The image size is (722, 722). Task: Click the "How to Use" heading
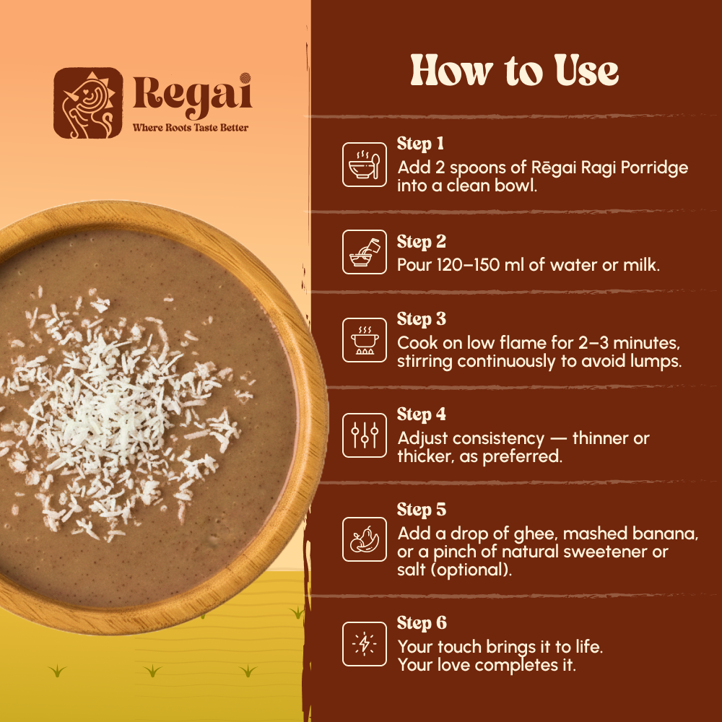(514, 71)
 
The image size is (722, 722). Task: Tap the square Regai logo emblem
(88, 103)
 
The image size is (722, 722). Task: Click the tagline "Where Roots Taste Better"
(190, 128)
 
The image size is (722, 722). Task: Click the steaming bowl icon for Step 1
(363, 164)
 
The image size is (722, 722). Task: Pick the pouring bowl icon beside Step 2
(363, 251)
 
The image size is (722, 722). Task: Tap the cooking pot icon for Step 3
(363, 339)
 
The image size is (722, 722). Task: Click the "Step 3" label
(420, 319)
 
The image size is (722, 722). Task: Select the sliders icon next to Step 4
(363, 435)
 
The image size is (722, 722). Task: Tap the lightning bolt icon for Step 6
(363, 644)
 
